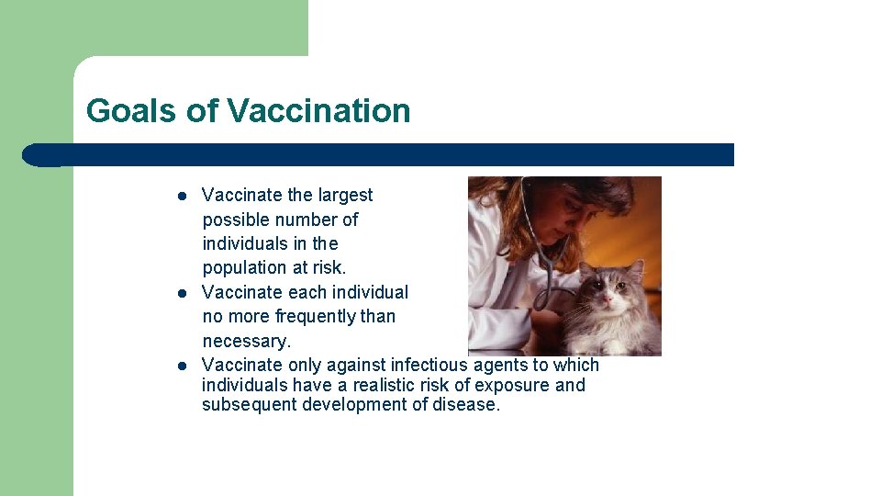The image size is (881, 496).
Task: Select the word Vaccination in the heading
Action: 318,111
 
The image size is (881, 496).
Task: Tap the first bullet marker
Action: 183,196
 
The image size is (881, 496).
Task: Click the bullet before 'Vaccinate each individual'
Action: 183,293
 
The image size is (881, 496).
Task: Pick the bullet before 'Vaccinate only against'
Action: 183,366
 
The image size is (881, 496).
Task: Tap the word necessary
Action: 246,342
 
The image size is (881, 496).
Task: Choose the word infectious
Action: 430,366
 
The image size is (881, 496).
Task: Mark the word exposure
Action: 517,385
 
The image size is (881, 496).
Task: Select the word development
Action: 356,405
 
